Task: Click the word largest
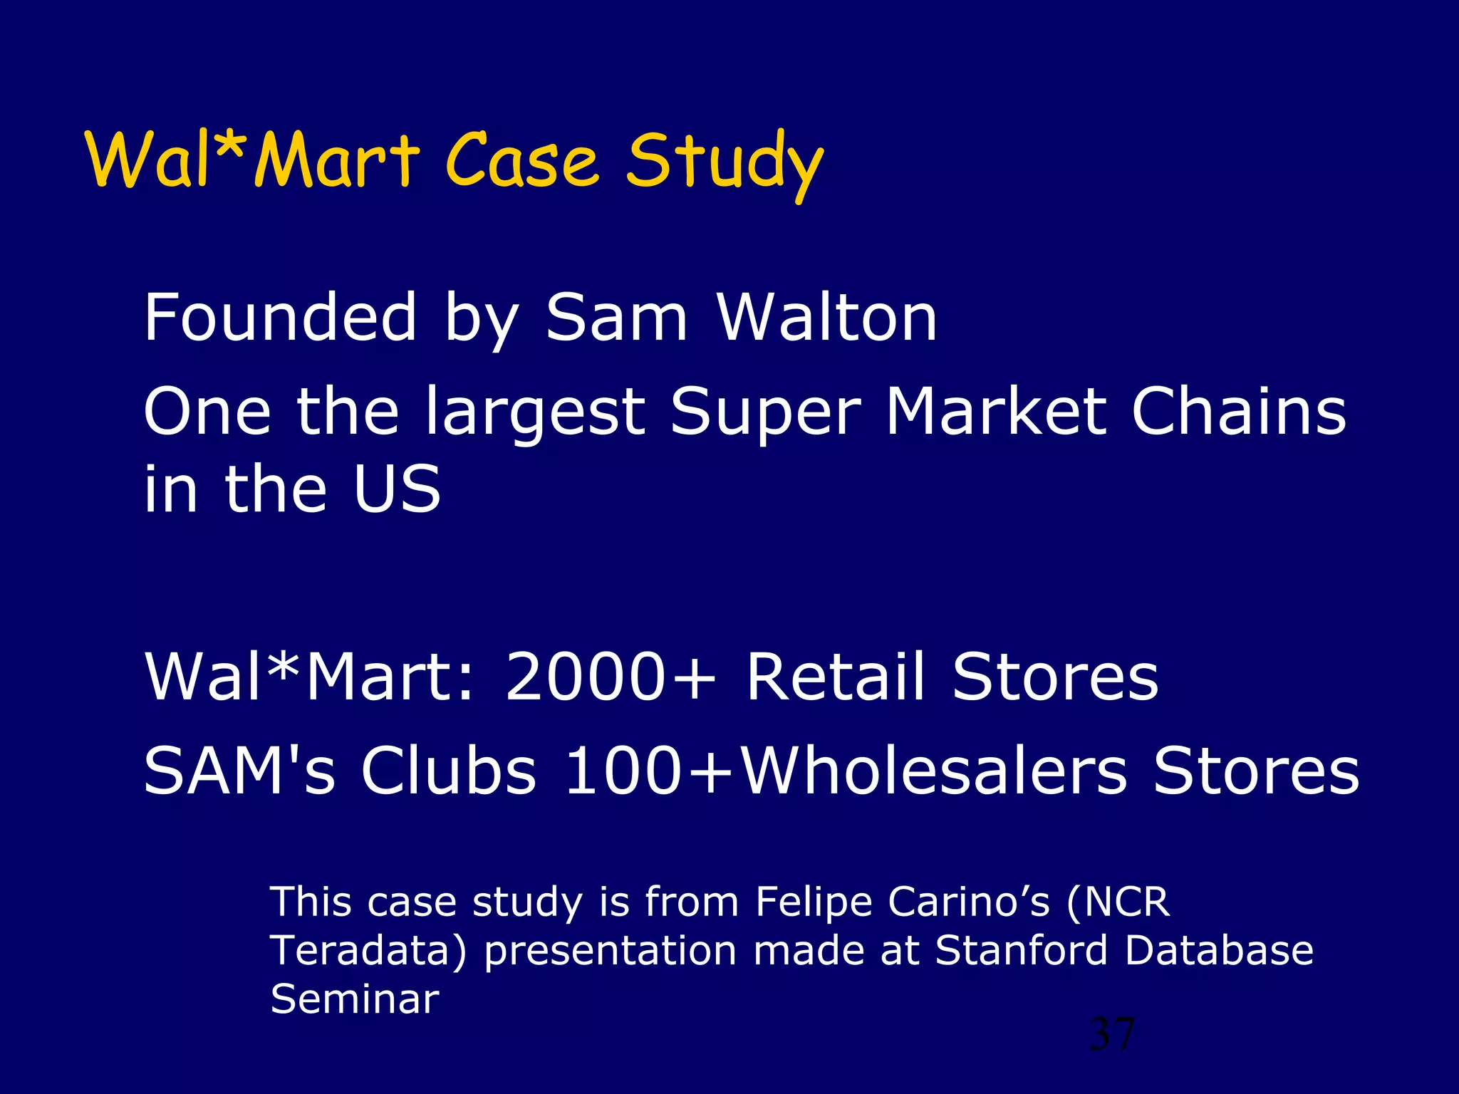534,413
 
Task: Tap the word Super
766,413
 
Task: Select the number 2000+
610,677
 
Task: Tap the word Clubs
448,771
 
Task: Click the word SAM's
239,771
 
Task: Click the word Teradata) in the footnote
368,951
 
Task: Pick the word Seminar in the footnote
354,999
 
